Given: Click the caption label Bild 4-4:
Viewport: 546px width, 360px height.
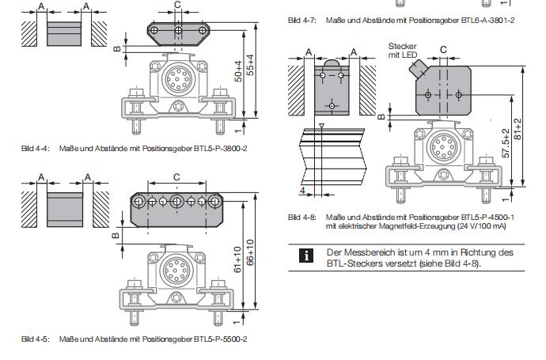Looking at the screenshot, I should [35, 149].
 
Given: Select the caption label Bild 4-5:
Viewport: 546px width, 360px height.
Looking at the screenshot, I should [35, 339].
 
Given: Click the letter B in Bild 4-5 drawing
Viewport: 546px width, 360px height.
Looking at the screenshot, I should [115, 235].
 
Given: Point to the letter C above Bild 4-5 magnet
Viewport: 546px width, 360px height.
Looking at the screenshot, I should [176, 176].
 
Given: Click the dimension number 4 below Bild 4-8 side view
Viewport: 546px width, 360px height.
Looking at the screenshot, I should [302, 191].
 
